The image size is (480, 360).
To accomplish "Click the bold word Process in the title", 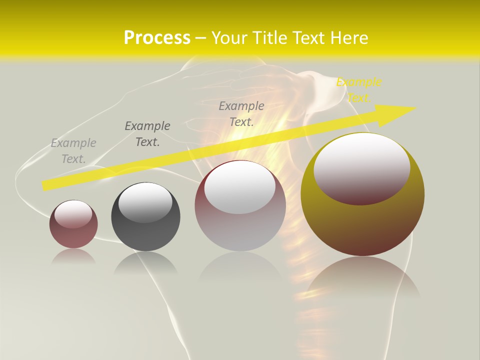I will (x=157, y=38).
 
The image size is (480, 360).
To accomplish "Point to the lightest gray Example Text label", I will (x=73, y=151).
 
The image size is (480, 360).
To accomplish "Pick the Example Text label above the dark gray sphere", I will (x=147, y=134).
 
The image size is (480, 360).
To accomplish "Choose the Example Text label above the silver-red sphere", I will (x=241, y=114).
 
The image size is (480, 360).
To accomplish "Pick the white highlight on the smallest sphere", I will (x=73, y=213).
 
